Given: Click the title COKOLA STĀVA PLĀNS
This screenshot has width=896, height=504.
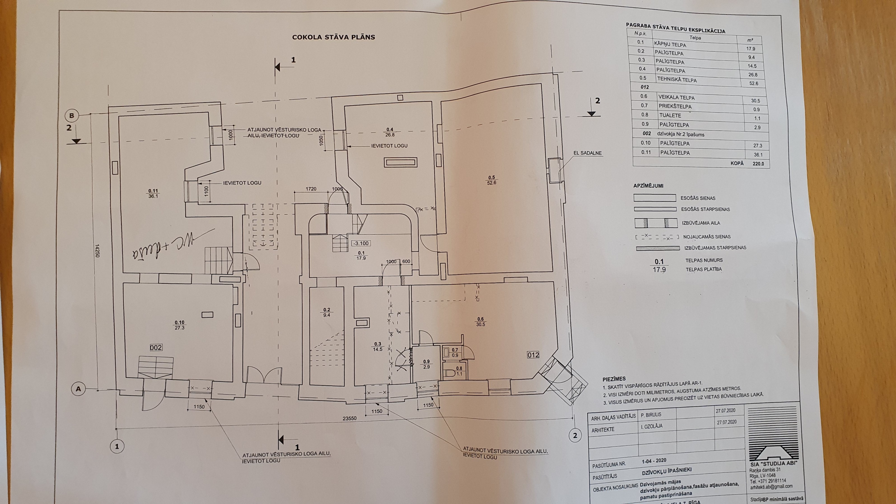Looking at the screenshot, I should pos(333,37).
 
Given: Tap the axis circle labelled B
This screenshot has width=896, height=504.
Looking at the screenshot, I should pos(72,115).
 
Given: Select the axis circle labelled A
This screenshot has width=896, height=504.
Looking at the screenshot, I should pos(78,389).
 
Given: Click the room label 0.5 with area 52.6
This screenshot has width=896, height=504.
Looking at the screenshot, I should pos(491,180).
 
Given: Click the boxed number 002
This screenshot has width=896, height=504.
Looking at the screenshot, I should pos(156,347).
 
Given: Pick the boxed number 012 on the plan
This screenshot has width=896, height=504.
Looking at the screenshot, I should pos(533,355).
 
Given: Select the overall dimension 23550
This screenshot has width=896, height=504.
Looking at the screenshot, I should pos(349,418).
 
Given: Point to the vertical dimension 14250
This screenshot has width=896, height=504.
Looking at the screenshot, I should pos(97,250).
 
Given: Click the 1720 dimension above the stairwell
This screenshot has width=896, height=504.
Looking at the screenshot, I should pos(311,189).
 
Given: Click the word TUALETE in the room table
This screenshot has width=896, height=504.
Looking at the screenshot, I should pos(670,115).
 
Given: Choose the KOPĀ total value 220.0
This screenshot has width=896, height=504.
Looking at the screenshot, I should pos(758,164).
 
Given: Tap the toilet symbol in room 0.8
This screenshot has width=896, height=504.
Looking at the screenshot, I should pos(449,373).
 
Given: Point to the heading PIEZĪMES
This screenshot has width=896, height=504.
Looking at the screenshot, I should pos(614,379).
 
